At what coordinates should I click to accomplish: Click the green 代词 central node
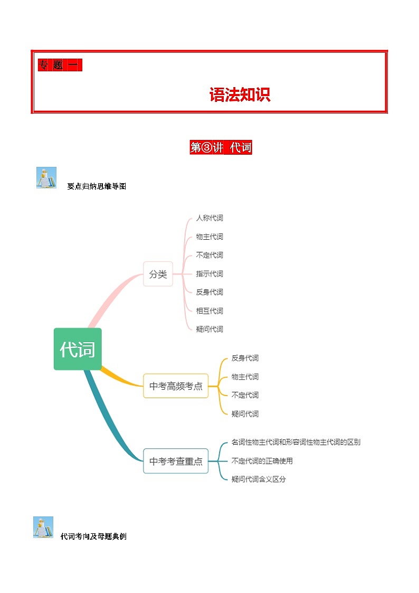tap(78, 349)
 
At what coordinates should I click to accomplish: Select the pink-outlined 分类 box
tap(158, 274)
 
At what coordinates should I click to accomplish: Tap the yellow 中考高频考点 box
tap(176, 386)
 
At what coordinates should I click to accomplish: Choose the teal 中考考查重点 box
tap(176, 461)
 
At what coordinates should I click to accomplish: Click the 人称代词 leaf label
tap(209, 218)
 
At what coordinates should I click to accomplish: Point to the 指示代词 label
tap(209, 274)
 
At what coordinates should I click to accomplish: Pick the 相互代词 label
tap(209, 310)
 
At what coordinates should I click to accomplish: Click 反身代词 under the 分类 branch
tap(209, 292)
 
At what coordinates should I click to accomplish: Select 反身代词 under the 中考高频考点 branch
tap(245, 358)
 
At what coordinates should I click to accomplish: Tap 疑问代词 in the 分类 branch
tap(209, 329)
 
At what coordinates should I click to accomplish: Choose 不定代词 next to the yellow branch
tap(245, 395)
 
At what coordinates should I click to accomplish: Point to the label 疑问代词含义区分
tap(259, 479)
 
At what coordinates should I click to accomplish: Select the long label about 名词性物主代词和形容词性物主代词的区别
tap(296, 443)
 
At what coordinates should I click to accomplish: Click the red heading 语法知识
tap(240, 95)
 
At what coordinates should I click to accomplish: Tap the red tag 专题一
tap(59, 65)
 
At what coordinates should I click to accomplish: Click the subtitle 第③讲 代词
tap(221, 147)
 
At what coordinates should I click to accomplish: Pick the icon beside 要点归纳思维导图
tap(46, 178)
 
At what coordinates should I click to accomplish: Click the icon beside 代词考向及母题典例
tap(43, 527)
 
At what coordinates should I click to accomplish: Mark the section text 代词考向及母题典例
tap(93, 536)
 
